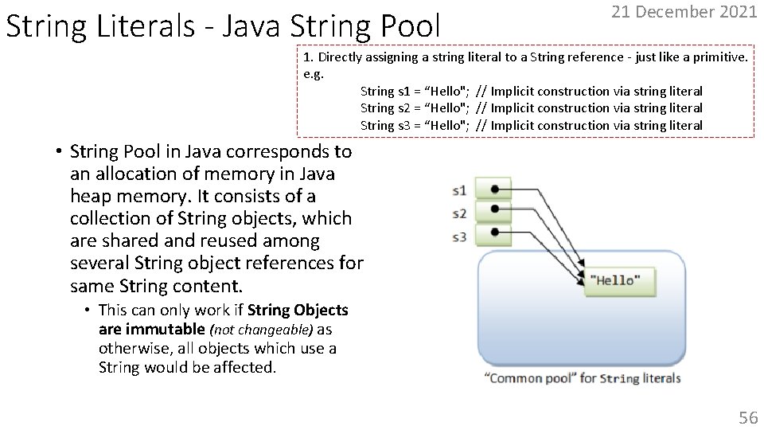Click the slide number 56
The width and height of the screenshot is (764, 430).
coord(747,416)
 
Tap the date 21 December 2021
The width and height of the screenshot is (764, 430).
coord(684,12)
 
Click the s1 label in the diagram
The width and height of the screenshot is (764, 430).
coord(459,190)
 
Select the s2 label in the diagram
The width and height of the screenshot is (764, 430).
coord(459,213)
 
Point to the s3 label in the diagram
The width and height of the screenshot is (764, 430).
coord(459,236)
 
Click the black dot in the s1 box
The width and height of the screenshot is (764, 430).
coord(495,189)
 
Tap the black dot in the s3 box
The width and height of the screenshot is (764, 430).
coord(495,233)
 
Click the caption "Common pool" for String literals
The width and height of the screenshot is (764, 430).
coord(582,378)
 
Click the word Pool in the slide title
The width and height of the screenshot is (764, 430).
coord(404,25)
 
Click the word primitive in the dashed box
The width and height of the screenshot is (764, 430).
coord(717,57)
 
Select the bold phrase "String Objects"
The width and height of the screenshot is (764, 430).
coord(298,310)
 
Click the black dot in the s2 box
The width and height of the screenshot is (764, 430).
coord(495,209)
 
